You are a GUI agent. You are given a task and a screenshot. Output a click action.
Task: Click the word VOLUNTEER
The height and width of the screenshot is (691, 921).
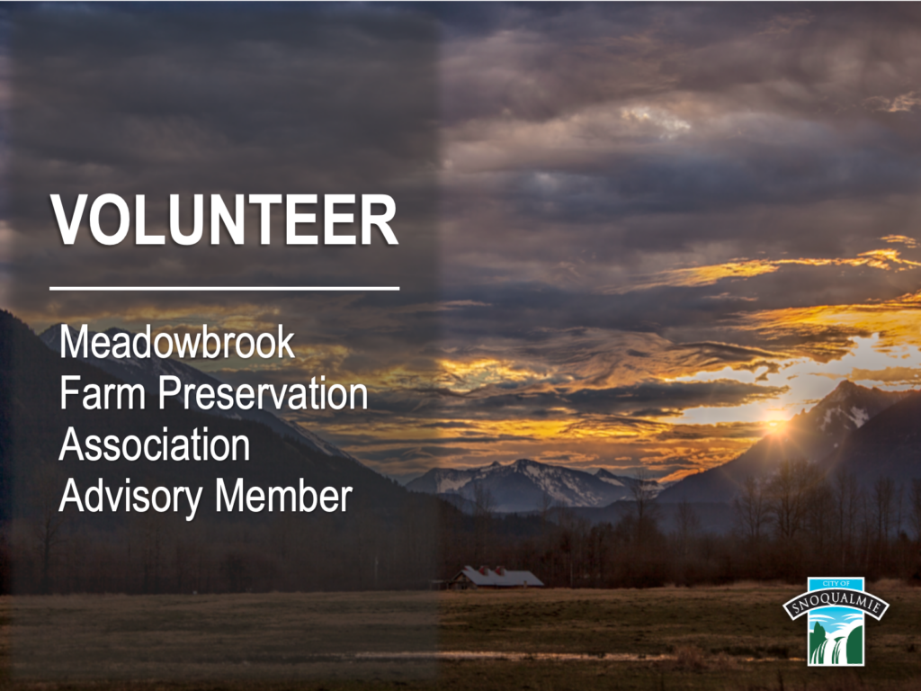coord(224,220)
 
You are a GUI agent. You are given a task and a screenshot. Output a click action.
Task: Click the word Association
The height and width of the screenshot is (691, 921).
coord(155,444)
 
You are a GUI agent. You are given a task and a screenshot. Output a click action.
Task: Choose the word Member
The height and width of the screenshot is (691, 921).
coord(283,497)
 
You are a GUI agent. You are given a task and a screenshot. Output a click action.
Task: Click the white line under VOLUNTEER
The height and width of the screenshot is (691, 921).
coord(224,289)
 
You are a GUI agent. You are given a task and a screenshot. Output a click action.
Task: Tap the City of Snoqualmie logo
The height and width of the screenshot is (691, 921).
coord(836,621)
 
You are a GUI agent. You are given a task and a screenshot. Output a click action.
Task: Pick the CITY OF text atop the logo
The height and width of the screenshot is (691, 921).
coord(836,583)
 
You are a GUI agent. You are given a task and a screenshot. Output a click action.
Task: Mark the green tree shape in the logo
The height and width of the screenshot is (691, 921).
coord(817,643)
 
